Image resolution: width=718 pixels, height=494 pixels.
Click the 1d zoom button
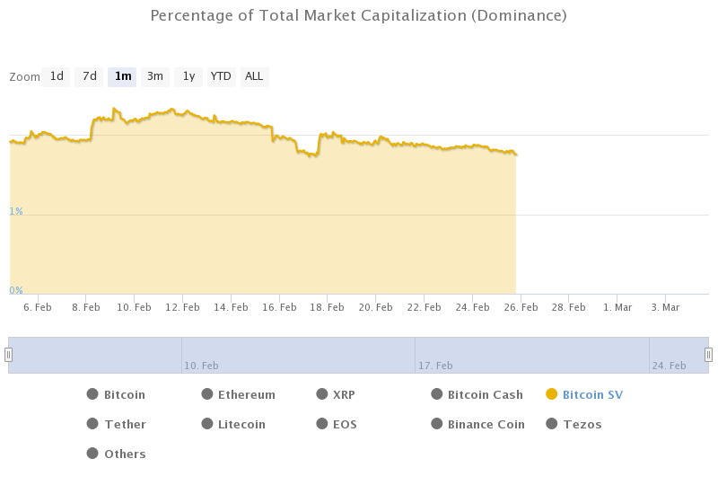click(57, 77)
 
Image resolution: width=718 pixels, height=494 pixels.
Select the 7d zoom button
click(90, 77)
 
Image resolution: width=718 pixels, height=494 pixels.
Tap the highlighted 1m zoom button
click(123, 77)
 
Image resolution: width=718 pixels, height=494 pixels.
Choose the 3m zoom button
click(155, 77)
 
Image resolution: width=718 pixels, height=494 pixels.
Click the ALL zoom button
click(254, 77)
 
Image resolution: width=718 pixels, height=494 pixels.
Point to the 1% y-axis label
click(16, 211)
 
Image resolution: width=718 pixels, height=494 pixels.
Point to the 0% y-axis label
click(16, 290)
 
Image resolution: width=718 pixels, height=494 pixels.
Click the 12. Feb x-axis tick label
click(183, 307)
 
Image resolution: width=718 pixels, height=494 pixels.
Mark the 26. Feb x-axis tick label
click(521, 307)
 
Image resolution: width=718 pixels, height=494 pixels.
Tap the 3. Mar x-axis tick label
click(665, 307)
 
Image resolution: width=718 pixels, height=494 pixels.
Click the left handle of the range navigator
click(9, 355)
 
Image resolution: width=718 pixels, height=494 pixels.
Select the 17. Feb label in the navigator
click(435, 366)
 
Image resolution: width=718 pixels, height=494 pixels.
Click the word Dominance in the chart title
click(518, 16)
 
